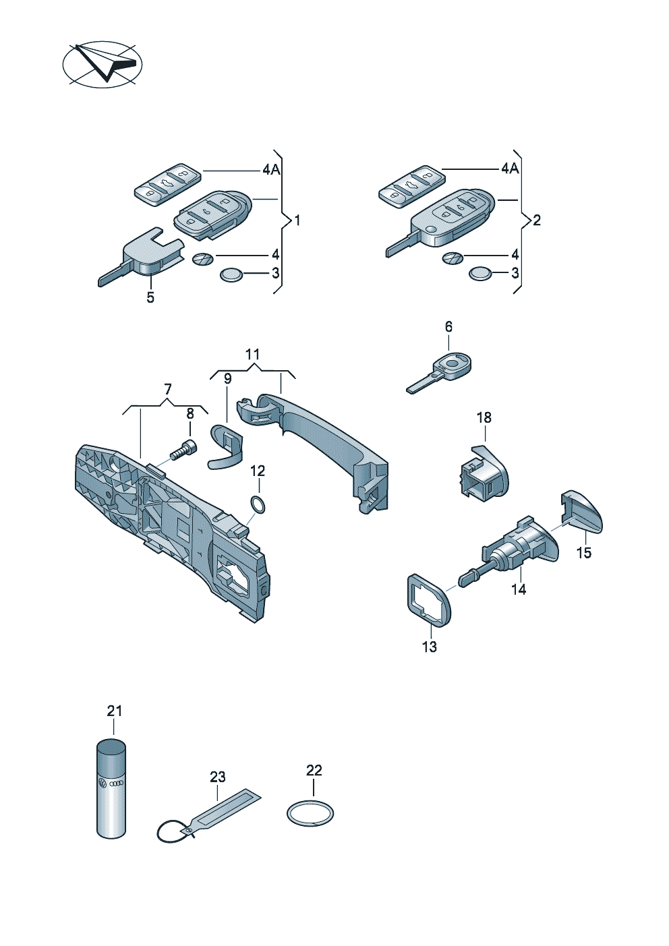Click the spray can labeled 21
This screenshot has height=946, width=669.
tap(111, 789)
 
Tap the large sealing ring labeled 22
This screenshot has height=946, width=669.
tap(310, 814)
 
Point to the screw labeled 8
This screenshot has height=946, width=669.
tap(184, 449)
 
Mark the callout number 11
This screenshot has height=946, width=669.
tap(252, 355)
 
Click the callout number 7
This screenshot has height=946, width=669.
tap(168, 389)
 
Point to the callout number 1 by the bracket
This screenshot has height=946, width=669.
tap(297, 220)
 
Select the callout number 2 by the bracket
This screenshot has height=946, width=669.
tap(537, 220)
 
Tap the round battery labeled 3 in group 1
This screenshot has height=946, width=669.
tap(231, 274)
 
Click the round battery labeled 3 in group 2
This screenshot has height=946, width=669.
tap(479, 274)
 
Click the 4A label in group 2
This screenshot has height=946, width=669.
tap(510, 169)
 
